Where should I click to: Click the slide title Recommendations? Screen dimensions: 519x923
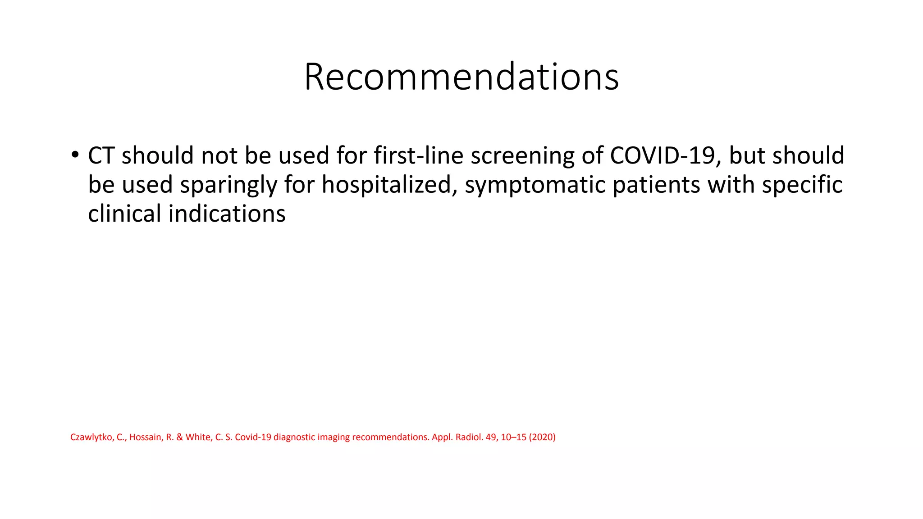pos(461,77)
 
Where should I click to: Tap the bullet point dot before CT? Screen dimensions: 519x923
pos(75,155)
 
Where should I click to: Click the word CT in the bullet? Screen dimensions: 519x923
pos(101,155)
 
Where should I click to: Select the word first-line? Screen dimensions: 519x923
pos(418,155)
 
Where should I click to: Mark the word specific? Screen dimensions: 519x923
pos(802,185)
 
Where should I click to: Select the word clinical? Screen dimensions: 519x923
pos(124,214)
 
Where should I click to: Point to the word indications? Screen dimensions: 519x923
pos(227,214)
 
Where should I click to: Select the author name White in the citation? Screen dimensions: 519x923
pos(198,437)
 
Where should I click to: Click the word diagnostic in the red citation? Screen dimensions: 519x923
pos(294,437)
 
